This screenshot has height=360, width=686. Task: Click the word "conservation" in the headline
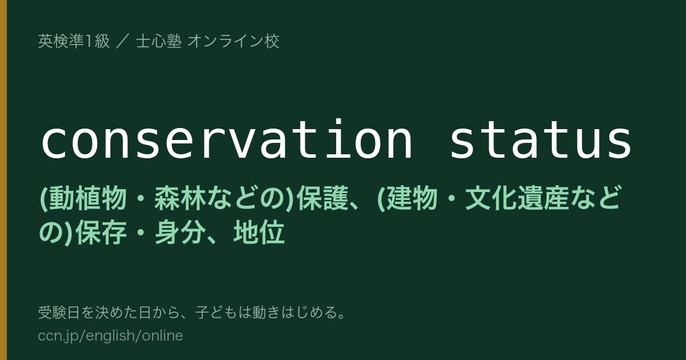226,139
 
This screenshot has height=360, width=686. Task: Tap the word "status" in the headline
541,140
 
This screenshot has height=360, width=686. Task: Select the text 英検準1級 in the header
74,41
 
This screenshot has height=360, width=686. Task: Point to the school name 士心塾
159,41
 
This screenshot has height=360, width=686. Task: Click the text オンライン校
233,41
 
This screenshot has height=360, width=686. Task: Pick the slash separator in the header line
123,41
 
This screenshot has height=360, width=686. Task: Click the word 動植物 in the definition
88,198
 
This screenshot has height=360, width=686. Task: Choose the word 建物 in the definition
411,198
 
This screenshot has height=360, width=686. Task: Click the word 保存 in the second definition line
101,233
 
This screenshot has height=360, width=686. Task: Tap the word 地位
259,233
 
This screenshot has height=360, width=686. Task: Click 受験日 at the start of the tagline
59,313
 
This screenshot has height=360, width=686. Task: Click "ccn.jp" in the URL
58,336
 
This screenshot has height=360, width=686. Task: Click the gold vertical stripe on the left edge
3,180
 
